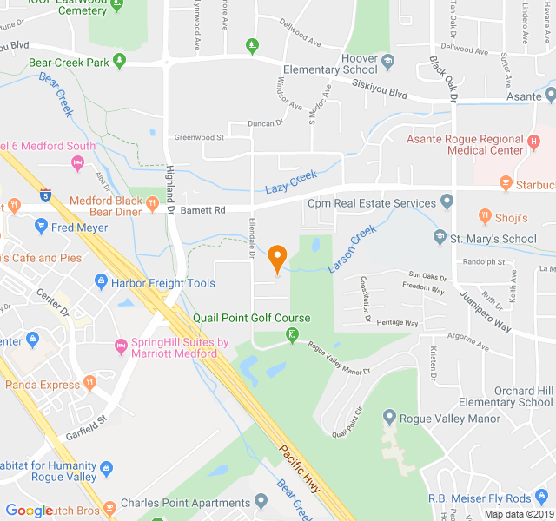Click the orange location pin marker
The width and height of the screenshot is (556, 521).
point(277,258)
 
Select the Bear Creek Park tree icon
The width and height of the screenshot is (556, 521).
point(120,62)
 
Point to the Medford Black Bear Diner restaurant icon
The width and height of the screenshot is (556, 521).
point(153,205)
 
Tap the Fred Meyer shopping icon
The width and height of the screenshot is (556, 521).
point(41,227)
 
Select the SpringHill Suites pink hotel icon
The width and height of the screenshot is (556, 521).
point(121,347)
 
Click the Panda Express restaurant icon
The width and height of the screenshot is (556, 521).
point(89,384)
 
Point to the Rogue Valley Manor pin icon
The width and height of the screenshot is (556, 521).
point(388,418)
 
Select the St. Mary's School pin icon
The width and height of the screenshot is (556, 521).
point(440,237)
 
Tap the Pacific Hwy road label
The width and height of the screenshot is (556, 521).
point(299,469)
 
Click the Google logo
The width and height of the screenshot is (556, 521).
point(29,511)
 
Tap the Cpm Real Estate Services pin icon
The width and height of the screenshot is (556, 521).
point(447,202)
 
